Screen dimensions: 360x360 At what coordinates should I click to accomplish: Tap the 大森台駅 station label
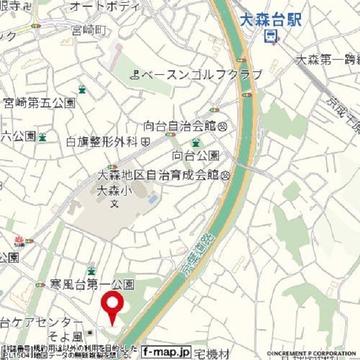point(270,20)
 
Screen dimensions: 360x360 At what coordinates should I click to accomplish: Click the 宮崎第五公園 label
point(39,103)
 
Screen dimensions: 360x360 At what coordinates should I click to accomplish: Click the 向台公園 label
point(196,155)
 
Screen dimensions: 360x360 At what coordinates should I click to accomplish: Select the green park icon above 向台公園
point(196,142)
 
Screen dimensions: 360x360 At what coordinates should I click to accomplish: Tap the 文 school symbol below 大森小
point(114,202)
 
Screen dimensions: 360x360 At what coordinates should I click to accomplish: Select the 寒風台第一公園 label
point(92,285)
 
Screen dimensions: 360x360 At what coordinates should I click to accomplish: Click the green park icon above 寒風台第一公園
point(92,271)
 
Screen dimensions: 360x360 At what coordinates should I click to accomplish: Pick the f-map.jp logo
point(166,352)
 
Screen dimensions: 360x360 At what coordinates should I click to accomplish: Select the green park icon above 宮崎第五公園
point(82,89)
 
